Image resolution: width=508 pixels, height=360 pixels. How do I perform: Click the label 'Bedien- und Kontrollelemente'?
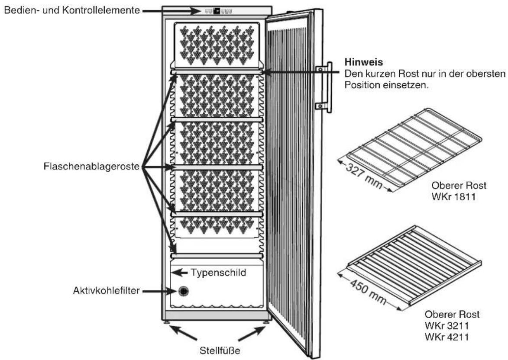[x=72, y=10]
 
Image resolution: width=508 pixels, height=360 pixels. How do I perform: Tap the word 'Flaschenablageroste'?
[x=91, y=167]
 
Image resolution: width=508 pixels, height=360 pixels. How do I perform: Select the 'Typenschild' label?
[x=218, y=273]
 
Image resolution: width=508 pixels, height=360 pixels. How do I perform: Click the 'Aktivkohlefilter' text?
[x=106, y=290]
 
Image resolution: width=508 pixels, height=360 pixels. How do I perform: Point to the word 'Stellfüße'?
[x=220, y=350]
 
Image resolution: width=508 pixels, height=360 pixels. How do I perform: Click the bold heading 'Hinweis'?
[x=363, y=62]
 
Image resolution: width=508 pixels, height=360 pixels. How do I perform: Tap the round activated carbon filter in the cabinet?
[x=183, y=291]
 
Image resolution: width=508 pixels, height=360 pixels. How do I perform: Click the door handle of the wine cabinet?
[x=324, y=87]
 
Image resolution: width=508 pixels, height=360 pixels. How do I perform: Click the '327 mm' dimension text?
[x=364, y=176]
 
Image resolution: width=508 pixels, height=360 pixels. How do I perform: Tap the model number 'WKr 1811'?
[x=453, y=196]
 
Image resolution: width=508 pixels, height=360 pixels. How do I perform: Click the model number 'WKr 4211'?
[x=447, y=337]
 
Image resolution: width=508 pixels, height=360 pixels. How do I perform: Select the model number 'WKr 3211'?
[x=447, y=325]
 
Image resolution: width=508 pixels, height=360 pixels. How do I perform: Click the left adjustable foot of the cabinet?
[x=167, y=322]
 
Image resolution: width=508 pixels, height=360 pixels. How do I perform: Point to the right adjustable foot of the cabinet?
[x=266, y=322]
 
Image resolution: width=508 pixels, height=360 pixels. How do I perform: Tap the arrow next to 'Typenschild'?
[x=179, y=273]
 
